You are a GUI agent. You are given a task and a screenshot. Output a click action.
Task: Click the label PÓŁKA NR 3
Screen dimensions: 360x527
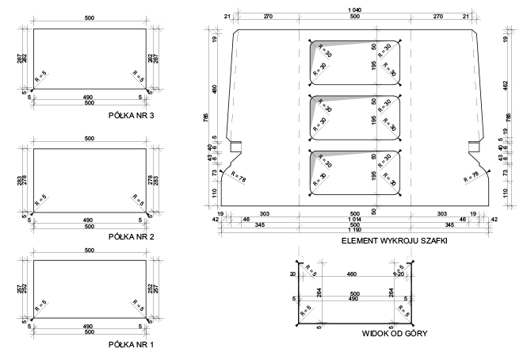click(136, 114)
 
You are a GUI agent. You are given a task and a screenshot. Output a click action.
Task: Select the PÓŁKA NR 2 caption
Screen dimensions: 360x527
click(136, 236)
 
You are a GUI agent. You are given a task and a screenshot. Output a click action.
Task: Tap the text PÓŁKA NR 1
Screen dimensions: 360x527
click(136, 346)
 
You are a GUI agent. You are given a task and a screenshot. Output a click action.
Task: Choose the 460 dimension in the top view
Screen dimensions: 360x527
click(351, 274)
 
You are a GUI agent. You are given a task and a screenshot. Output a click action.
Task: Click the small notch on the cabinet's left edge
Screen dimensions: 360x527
click(235, 146)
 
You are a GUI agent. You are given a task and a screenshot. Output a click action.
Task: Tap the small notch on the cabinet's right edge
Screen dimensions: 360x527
click(474, 146)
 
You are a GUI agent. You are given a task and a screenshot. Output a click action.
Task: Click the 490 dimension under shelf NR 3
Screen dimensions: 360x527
click(89, 98)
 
